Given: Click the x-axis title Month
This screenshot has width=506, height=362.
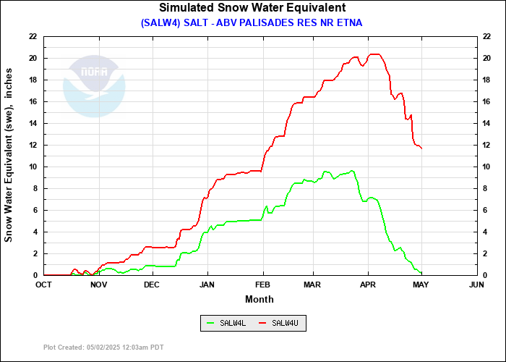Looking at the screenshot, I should (x=260, y=298).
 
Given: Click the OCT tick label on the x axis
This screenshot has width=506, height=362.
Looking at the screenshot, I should (x=44, y=285).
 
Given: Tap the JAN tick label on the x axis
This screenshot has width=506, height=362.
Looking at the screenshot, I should (x=207, y=285).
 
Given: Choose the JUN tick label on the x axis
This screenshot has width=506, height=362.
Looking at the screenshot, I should (x=476, y=285).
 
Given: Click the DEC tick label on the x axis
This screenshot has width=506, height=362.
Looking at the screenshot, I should (x=151, y=285).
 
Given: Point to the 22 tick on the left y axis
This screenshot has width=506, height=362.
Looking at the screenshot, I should (x=33, y=36).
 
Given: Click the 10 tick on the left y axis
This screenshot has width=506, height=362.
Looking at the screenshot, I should (x=33, y=167).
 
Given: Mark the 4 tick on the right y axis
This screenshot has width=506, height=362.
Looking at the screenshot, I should (x=484, y=232).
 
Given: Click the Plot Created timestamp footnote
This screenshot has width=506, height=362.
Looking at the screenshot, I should (x=103, y=348).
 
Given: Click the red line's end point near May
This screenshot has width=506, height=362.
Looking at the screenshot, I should (x=421, y=148).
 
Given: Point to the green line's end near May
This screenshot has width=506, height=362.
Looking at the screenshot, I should (x=421, y=273).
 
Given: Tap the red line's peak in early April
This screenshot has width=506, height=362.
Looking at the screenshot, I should (x=374, y=54).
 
